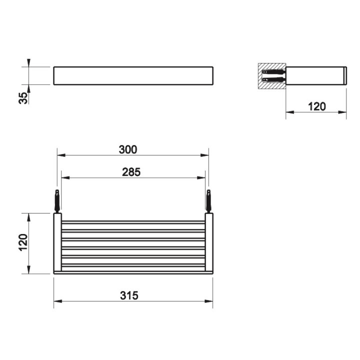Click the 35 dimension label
click(23, 98)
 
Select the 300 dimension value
click(128, 149)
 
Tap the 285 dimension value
click(131, 172)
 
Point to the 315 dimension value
click(129, 295)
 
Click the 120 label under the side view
click(316, 106)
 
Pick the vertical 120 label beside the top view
click(23, 242)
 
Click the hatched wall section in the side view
click(272, 76)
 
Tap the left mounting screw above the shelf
click(57, 201)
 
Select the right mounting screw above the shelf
click(208, 201)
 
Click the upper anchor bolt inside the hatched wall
click(273, 72)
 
